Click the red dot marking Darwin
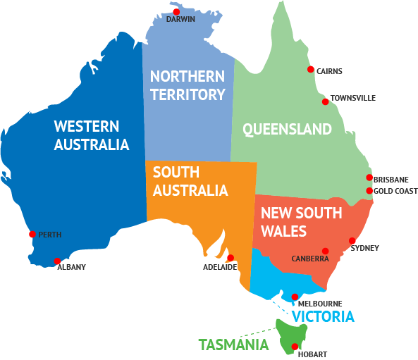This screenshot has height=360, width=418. [x=176, y=12]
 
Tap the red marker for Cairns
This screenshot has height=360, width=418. [x=310, y=69]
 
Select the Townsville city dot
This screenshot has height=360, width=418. [x=325, y=101]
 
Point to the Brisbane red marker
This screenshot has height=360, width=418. [x=369, y=178]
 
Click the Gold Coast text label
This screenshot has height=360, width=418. [x=395, y=192]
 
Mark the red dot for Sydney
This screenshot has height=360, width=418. [x=352, y=241]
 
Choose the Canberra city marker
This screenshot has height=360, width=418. [x=325, y=251]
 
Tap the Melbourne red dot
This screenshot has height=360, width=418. [x=295, y=297]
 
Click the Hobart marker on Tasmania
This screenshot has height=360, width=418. [x=294, y=346]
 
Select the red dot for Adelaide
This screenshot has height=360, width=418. [x=230, y=258]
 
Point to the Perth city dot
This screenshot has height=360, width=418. [x=32, y=234]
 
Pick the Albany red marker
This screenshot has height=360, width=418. [x=57, y=261]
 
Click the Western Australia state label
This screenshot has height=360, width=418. [x=92, y=135]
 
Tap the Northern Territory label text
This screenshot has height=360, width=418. [x=188, y=85]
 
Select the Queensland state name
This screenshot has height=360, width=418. [x=287, y=129]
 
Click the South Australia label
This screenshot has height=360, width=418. [x=190, y=181]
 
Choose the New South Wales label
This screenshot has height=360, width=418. [x=301, y=221]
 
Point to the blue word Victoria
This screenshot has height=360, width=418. [x=323, y=317]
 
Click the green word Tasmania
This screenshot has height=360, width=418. [x=233, y=345]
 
